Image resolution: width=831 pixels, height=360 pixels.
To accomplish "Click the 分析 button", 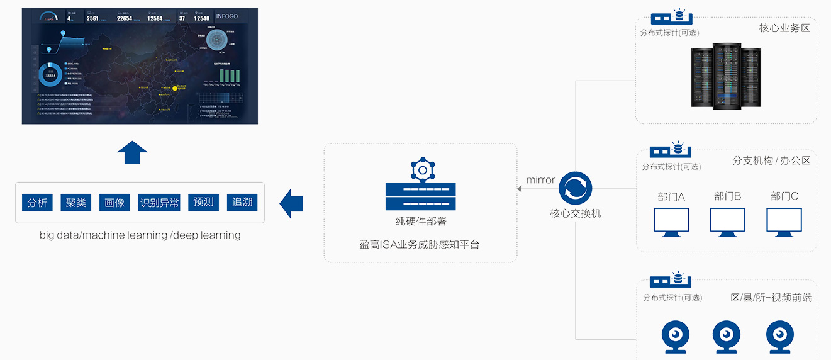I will (37, 202).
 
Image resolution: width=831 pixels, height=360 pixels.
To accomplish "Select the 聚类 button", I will (76, 202).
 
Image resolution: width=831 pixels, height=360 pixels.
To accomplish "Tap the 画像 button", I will (114, 202).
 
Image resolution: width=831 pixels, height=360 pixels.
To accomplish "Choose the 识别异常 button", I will (159, 202).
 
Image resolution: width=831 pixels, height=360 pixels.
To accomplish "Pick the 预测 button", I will (203, 202).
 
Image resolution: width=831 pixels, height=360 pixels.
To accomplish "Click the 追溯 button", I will (242, 202).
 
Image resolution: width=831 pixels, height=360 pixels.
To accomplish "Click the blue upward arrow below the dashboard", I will (133, 152).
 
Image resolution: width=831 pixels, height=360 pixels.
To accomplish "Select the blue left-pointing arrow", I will (291, 203).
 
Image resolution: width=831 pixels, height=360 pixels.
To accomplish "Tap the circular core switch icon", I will (575, 188).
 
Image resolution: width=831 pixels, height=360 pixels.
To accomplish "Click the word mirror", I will (540, 180).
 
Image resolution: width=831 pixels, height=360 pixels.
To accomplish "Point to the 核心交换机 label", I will (576, 213).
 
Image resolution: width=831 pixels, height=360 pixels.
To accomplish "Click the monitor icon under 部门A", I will (671, 222).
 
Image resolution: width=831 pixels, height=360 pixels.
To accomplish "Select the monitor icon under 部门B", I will (727, 222).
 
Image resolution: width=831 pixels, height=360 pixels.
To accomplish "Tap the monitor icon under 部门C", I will (784, 222).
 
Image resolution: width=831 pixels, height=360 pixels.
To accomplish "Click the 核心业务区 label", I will (784, 28).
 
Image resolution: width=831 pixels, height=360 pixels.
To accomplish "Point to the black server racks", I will (727, 74).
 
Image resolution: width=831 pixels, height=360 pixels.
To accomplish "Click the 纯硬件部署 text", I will (421, 222).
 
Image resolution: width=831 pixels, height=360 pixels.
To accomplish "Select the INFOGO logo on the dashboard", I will (226, 16).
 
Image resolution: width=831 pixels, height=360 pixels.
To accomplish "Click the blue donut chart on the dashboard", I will (50, 75).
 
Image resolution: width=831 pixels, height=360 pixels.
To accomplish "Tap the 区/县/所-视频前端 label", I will (771, 297).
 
